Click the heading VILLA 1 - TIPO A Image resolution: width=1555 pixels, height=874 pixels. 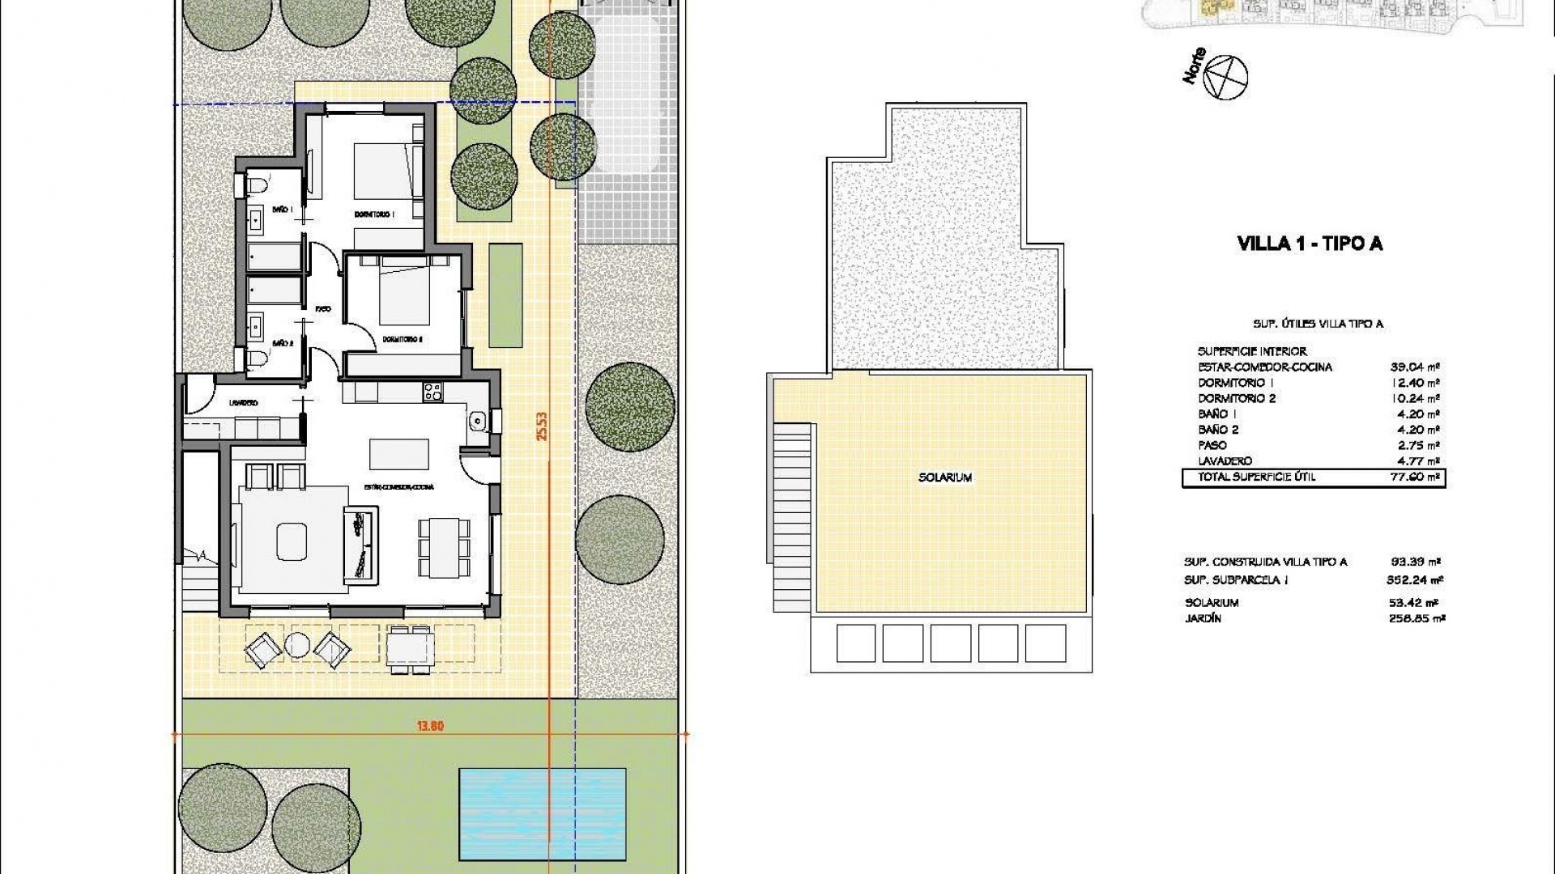[x=1310, y=244]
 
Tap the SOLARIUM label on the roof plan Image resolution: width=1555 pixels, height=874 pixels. [x=944, y=477]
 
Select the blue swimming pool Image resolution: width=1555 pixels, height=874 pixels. [x=542, y=814]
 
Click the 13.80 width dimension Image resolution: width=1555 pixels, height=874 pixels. [x=430, y=726]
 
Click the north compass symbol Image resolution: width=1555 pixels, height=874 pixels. [x=1225, y=78]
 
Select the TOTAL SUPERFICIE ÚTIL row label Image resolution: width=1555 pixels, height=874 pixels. [x=1256, y=477]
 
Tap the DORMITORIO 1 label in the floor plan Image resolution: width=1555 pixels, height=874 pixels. [x=374, y=214]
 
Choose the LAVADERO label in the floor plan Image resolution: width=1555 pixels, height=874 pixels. [x=243, y=402]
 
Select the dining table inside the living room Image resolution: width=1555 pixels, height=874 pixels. [x=444, y=548]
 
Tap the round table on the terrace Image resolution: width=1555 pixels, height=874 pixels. [x=297, y=645]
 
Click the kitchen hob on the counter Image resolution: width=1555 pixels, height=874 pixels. [x=432, y=393]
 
